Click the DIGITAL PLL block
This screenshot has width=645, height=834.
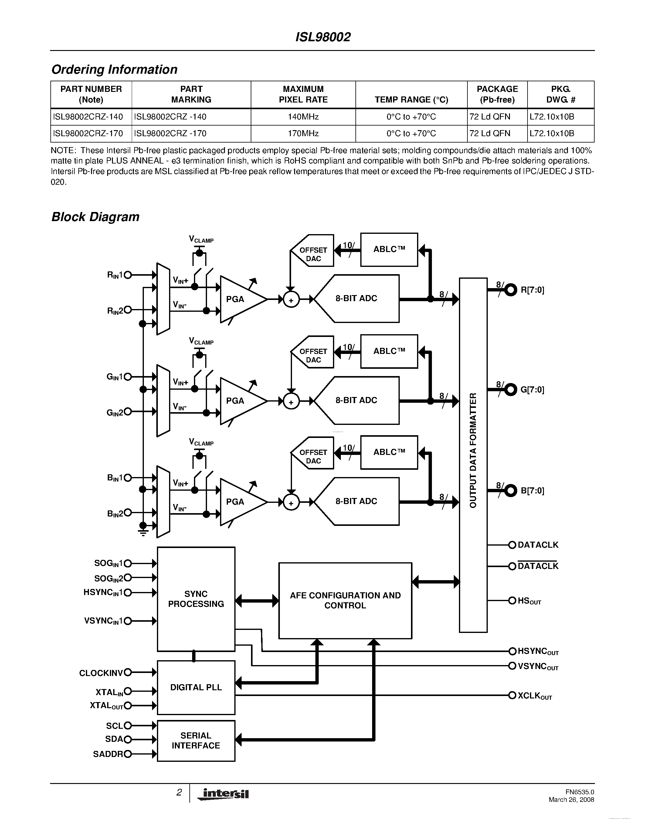(196, 687)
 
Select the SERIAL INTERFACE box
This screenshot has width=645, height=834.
(196, 741)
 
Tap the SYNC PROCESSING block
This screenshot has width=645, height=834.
(196, 599)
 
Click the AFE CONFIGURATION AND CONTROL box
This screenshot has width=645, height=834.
(345, 600)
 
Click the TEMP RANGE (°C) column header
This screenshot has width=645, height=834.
(411, 100)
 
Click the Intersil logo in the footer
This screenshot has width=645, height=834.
(223, 794)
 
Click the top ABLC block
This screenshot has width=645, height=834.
(389, 249)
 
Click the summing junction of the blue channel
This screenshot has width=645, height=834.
(291, 503)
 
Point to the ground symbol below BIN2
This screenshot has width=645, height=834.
(143, 532)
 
